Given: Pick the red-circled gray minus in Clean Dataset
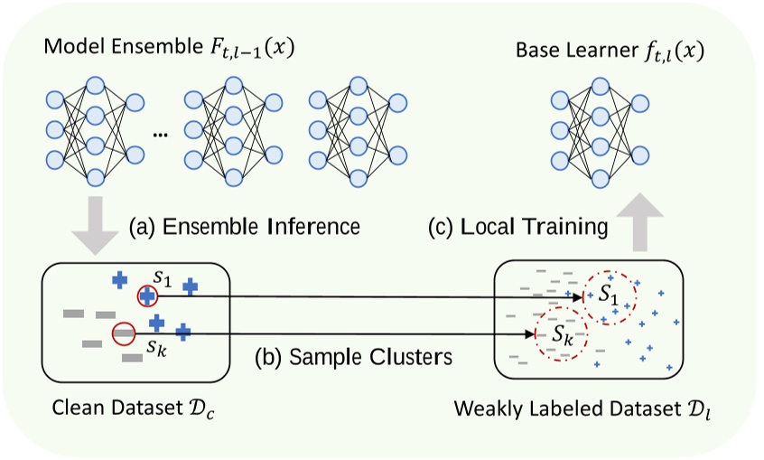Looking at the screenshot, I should [124, 334].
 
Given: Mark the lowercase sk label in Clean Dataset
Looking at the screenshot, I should [158, 346].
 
